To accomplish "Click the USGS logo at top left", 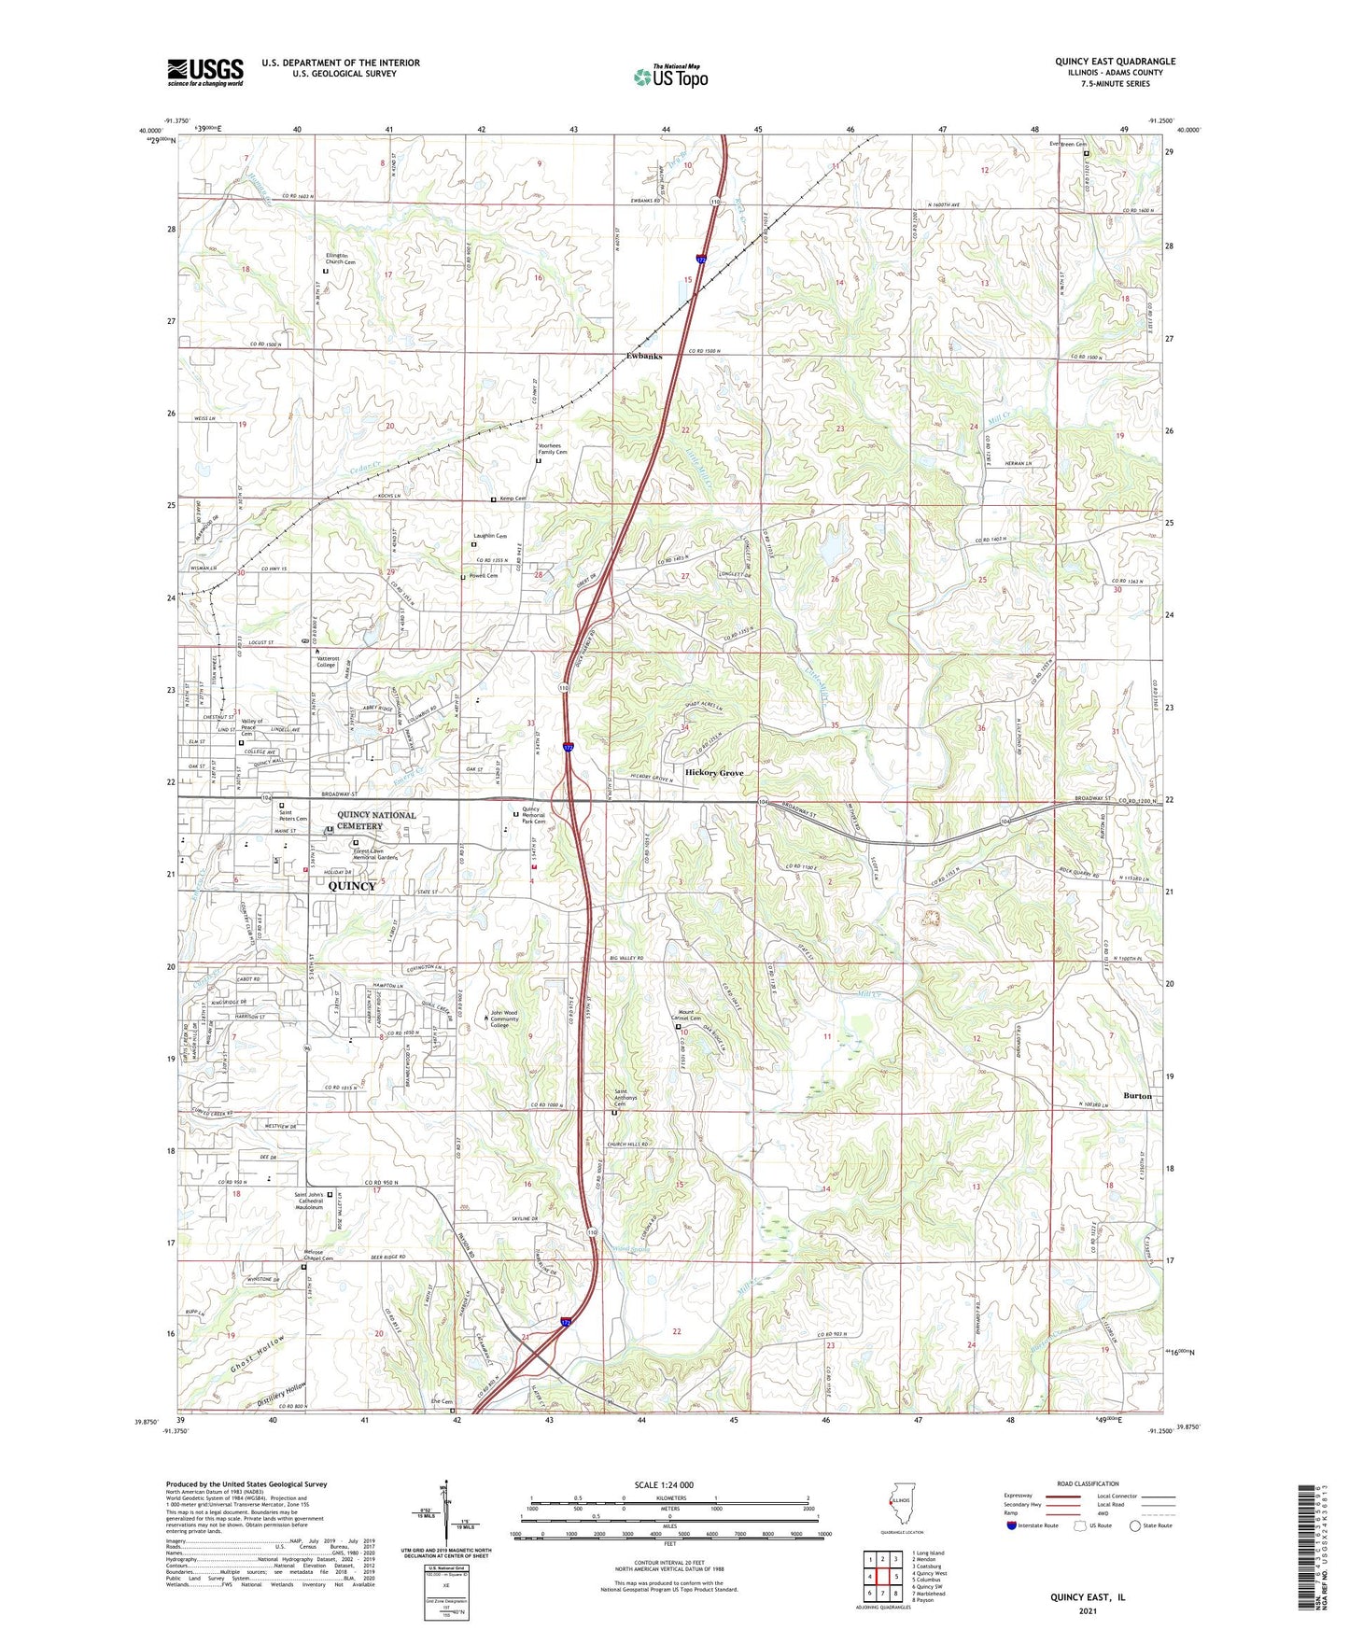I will pos(205,71).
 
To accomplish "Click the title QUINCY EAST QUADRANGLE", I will pos(1115,62).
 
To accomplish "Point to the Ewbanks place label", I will pos(643,356).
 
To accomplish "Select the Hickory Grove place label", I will pos(714,773).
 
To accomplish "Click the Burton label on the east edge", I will pos(1137,1095).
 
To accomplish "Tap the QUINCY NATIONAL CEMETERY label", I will pos(376,820).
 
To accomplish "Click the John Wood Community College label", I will pos(504,1019).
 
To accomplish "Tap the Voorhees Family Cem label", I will pos(550,449).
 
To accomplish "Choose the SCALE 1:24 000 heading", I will pos(668,1485).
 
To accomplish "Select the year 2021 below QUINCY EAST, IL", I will pos(1088,1611).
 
